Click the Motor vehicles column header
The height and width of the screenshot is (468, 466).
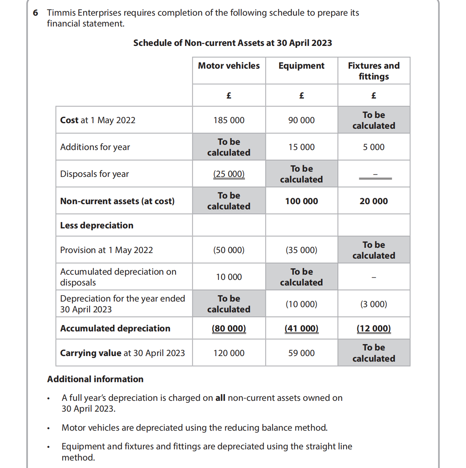229,66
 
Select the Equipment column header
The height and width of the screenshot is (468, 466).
301,66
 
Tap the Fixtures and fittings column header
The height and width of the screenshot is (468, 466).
374,71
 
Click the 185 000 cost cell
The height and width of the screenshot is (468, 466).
229,120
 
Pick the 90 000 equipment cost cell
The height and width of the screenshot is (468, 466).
301,120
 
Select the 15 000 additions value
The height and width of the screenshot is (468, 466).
301,147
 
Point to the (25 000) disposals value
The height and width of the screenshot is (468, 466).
229,174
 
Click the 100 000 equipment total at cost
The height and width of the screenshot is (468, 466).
301,201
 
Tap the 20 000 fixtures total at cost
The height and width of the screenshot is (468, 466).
374,201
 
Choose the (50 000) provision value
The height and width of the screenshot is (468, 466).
229,250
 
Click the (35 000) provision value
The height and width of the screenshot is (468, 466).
301,250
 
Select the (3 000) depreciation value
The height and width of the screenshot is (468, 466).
374,304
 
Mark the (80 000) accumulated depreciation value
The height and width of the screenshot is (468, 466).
229,328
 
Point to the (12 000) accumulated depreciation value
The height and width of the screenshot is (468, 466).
374,328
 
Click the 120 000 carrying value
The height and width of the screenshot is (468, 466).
229,353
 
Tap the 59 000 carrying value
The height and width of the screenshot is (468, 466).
301,353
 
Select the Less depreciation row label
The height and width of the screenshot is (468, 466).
97,225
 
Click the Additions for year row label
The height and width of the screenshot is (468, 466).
95,147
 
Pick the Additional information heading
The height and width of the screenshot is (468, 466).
95,379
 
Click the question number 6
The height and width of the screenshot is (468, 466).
35,13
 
